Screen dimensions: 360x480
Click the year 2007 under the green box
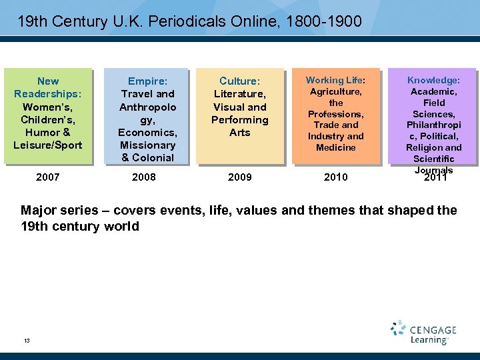48,177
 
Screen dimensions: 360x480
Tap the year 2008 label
144,177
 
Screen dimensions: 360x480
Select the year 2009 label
240,177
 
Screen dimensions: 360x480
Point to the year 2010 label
336,177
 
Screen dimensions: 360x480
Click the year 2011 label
435,177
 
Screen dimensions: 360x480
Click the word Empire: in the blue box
147,81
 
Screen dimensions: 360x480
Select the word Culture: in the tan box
240,81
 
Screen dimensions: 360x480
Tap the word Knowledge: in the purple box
433,80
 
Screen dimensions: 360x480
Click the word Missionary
147,145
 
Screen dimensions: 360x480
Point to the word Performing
240,119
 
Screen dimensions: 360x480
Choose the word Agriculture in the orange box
336,91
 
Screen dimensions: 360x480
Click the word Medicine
336,147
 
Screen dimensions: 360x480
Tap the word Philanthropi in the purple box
434,125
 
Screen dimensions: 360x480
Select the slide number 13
27,341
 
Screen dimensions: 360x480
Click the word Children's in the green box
48,119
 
